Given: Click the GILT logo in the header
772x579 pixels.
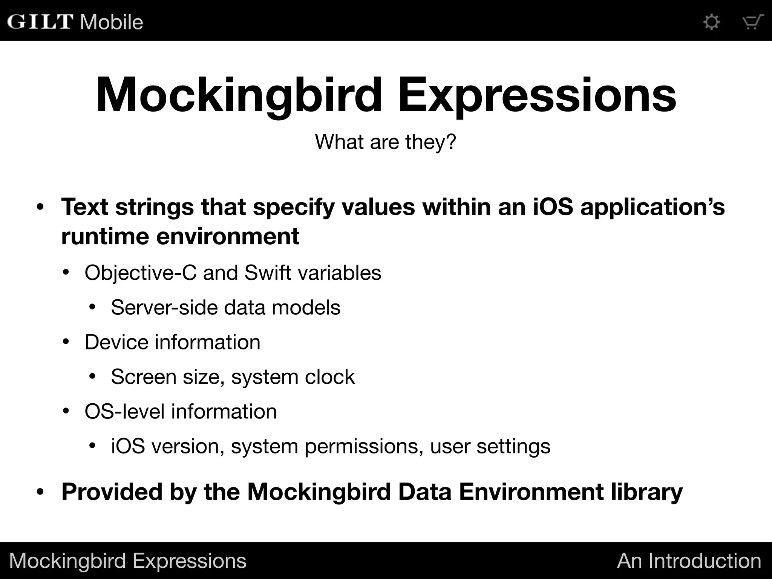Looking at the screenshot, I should pyautogui.click(x=40, y=21).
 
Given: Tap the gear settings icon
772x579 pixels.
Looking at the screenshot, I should pyautogui.click(x=712, y=22).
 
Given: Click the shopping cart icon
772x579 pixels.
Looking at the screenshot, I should pyautogui.click(x=752, y=22).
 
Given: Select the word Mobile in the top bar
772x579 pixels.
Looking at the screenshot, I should pyautogui.click(x=112, y=22).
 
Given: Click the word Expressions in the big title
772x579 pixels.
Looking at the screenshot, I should pyautogui.click(x=537, y=95).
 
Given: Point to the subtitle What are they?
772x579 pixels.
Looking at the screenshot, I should pyautogui.click(x=386, y=142).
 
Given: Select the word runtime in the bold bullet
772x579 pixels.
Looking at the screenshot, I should pyautogui.click(x=105, y=237).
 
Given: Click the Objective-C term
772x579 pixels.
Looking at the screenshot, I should pyautogui.click(x=141, y=273).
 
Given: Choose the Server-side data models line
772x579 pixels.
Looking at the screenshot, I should pyautogui.click(x=225, y=307).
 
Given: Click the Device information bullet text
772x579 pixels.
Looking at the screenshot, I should pyautogui.click(x=173, y=342).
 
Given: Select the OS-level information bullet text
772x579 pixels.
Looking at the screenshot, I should pyautogui.click(x=181, y=411).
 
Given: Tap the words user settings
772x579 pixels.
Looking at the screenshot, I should pyautogui.click(x=490, y=447).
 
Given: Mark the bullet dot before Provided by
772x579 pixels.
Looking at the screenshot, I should pyautogui.click(x=40, y=492).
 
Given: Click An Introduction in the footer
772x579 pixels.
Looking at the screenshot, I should pyautogui.click(x=689, y=561).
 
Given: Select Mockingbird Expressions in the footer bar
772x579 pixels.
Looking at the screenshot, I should pyautogui.click(x=127, y=561).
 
